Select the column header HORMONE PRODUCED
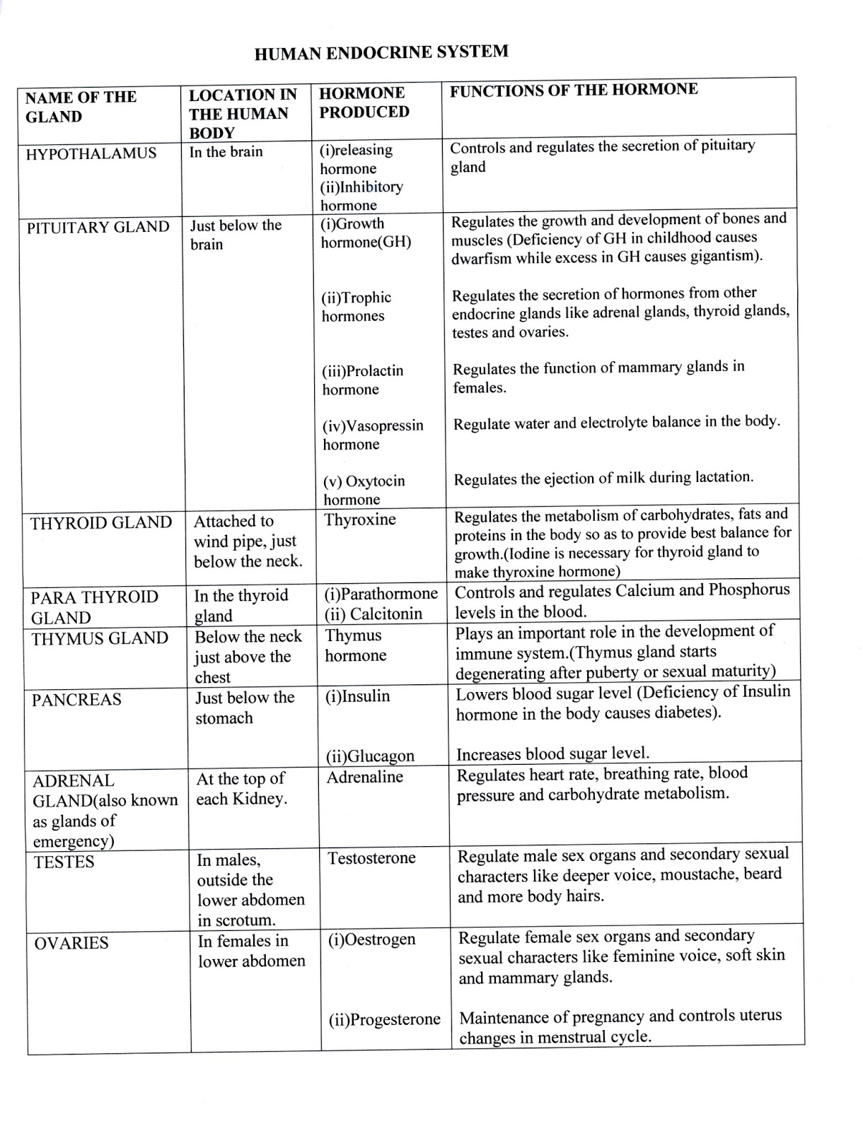click(364, 102)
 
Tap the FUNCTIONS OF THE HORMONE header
click(574, 90)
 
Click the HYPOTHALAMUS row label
click(91, 153)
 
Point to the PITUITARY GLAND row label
click(98, 228)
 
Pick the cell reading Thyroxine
click(360, 520)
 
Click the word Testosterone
click(371, 858)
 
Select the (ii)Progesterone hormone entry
click(384, 1019)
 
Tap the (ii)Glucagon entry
click(370, 756)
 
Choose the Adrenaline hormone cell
click(364, 777)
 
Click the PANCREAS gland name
click(76, 700)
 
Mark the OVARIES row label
click(71, 943)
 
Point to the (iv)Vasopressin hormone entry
click(373, 435)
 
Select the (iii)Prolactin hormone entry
click(362, 380)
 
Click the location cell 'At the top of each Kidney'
click(241, 789)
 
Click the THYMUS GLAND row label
click(100, 638)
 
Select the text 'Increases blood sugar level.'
click(552, 754)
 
